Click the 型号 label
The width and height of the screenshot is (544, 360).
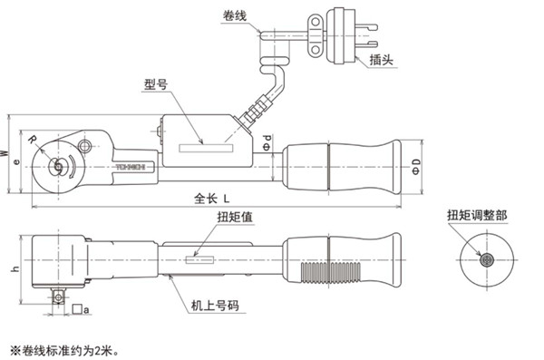[x=156, y=83]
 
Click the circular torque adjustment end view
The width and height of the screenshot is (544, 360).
[x=487, y=259]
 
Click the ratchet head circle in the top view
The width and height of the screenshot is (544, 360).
[x=55, y=165]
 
